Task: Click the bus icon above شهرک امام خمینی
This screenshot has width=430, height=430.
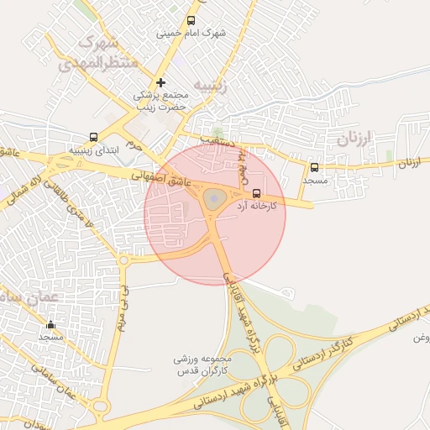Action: click(x=191, y=20)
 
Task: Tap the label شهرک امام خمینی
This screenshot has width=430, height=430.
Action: click(x=191, y=34)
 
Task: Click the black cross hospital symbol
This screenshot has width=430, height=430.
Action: click(x=160, y=82)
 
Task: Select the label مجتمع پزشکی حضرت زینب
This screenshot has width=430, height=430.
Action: click(x=165, y=102)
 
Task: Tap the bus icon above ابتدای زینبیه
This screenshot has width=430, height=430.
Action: click(x=92, y=137)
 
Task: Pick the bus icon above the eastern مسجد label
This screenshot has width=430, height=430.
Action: click(x=314, y=167)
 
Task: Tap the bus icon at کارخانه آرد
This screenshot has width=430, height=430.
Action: click(x=256, y=192)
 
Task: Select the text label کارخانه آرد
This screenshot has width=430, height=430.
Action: click(x=257, y=205)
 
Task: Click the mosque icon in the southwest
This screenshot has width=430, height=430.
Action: click(x=50, y=324)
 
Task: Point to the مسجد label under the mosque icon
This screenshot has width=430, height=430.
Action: click(x=50, y=336)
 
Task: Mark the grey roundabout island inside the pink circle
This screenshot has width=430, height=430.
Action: click(x=213, y=200)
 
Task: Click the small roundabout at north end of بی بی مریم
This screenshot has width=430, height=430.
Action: click(x=124, y=260)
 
